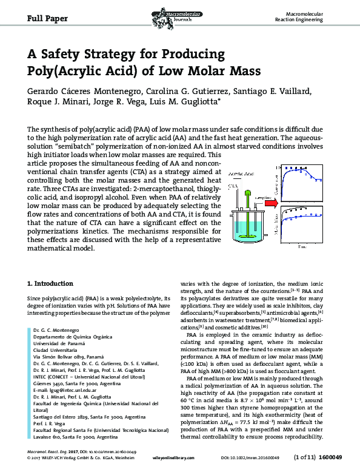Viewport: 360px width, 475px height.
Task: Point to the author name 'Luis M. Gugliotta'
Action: [187, 103]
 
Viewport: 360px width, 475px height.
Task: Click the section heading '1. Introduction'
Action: [51, 283]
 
